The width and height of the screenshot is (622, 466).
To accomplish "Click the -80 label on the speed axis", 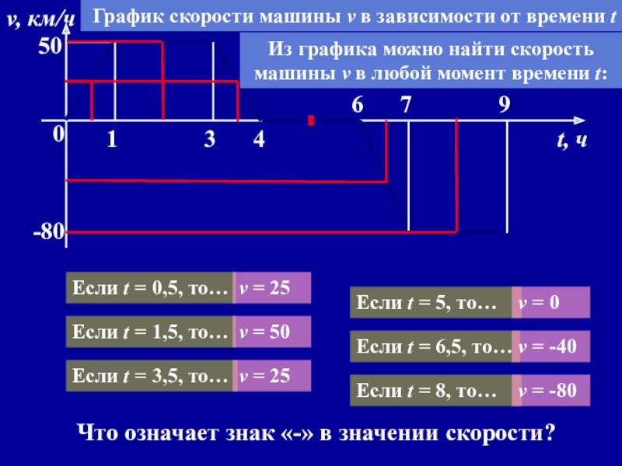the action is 48,232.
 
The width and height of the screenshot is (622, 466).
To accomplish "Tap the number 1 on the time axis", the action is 111,140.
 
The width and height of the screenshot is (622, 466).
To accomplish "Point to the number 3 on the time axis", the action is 209,140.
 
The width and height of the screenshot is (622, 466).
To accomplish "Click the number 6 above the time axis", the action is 357,105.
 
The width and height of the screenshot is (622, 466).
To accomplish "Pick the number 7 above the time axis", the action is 406,105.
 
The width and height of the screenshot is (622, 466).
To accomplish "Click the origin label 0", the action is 58,134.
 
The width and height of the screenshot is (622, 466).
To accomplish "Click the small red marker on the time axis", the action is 311,121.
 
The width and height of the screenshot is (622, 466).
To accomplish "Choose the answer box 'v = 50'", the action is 272,332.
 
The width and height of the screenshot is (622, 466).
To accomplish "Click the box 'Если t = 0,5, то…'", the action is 149,288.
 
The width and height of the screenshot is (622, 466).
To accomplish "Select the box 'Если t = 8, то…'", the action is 431,391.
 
